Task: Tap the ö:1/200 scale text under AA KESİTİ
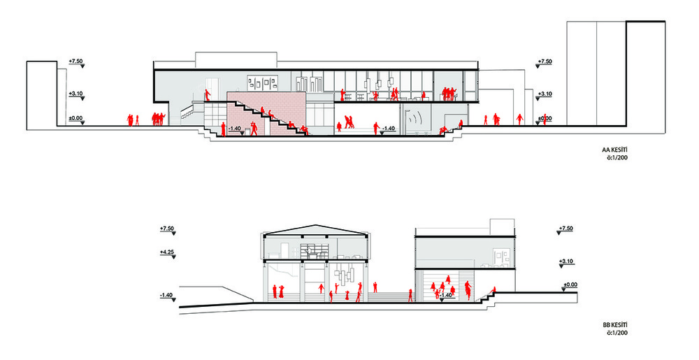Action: tap(617, 158)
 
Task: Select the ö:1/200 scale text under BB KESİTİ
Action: tap(617, 333)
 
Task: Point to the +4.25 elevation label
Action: tap(167, 252)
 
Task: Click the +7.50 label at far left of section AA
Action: tap(75, 61)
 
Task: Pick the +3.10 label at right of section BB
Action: tap(565, 261)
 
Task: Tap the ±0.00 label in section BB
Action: tap(570, 285)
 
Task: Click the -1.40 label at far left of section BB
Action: tap(167, 296)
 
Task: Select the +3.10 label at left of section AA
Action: tap(75, 94)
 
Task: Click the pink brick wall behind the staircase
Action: tap(266, 113)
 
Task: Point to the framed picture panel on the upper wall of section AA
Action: tap(263, 82)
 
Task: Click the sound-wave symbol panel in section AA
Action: tap(415, 119)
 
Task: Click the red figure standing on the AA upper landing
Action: tap(208, 96)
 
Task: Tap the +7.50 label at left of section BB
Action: tap(167, 229)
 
